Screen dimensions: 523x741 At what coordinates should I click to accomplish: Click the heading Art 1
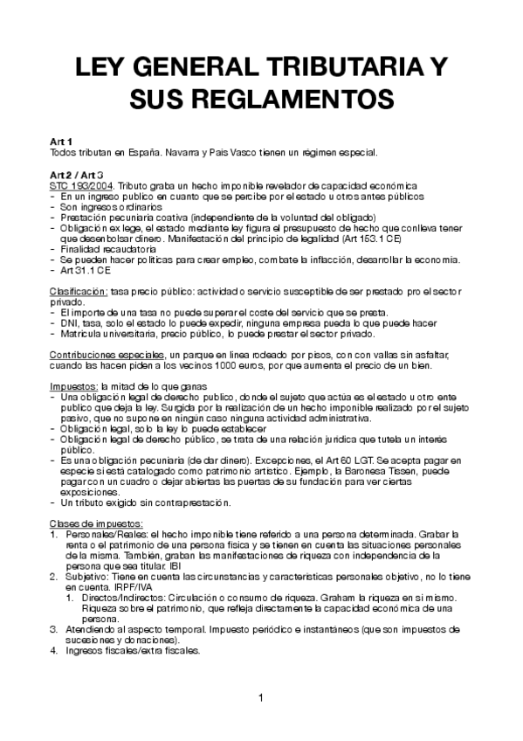click(61, 142)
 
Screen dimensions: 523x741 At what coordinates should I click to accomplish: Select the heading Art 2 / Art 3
click(78, 175)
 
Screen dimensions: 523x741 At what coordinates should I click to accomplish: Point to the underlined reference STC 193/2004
click(81, 186)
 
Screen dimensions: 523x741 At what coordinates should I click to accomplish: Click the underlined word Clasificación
click(78, 291)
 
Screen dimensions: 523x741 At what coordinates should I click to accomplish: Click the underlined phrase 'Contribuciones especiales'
click(95, 355)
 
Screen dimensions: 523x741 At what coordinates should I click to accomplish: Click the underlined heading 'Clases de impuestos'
click(93, 523)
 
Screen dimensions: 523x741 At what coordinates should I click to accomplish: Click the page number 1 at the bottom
click(260, 696)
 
